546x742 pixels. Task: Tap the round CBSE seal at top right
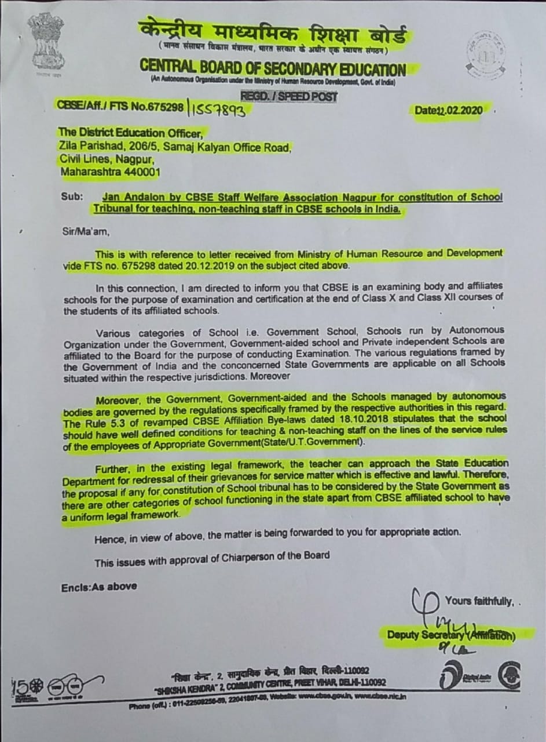click(486, 52)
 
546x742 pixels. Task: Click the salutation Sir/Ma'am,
click(85, 232)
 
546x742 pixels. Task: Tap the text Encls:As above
click(99, 587)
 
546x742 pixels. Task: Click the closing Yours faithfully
click(479, 601)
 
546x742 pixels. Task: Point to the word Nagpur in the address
click(134, 159)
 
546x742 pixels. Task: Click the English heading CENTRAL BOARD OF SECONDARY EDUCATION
click(273, 68)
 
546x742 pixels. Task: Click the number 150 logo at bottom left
click(24, 687)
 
